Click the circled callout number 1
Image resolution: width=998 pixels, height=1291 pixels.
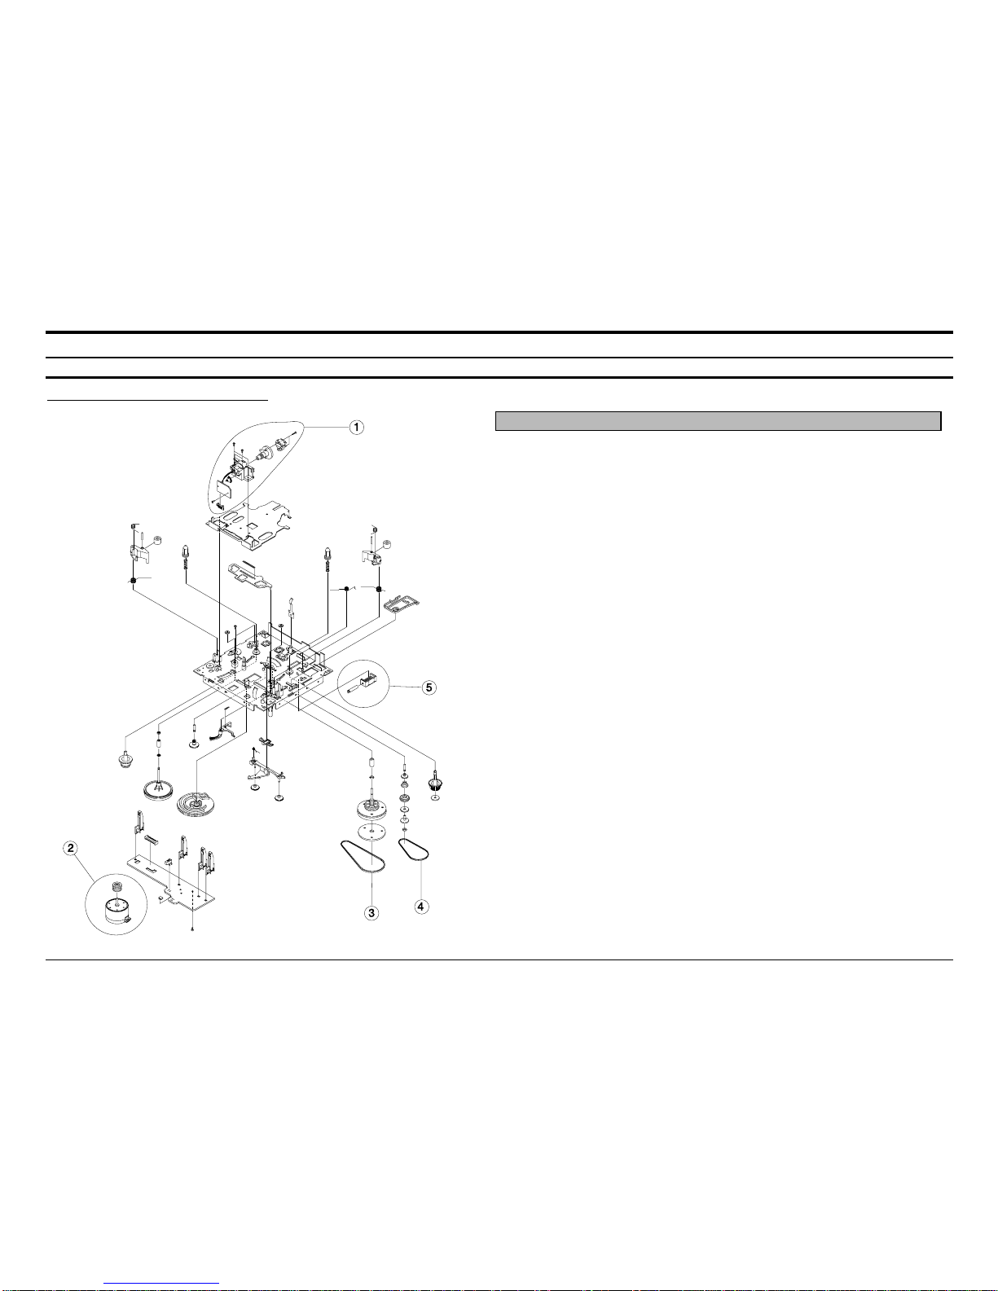[356, 427]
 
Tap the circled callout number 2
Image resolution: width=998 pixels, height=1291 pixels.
[71, 848]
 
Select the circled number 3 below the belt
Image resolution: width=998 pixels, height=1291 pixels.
[372, 912]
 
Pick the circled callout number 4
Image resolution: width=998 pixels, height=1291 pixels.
[421, 907]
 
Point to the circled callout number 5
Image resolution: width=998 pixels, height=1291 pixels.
[429, 687]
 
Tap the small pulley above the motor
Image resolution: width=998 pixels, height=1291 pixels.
[117, 888]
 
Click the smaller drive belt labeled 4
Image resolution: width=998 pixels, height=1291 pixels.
[414, 850]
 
